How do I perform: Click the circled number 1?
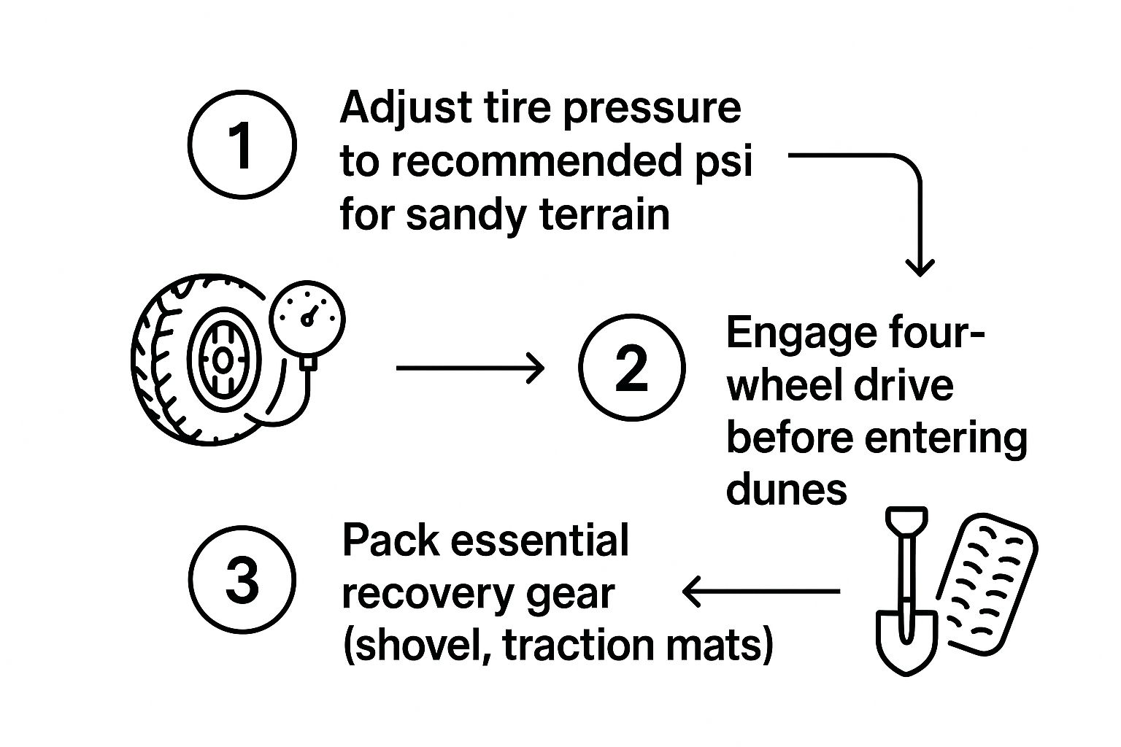242,144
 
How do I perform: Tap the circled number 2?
632,367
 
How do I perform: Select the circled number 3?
242,581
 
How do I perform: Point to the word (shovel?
415,646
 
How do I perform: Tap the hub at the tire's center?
220,359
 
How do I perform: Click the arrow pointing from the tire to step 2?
470,368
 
